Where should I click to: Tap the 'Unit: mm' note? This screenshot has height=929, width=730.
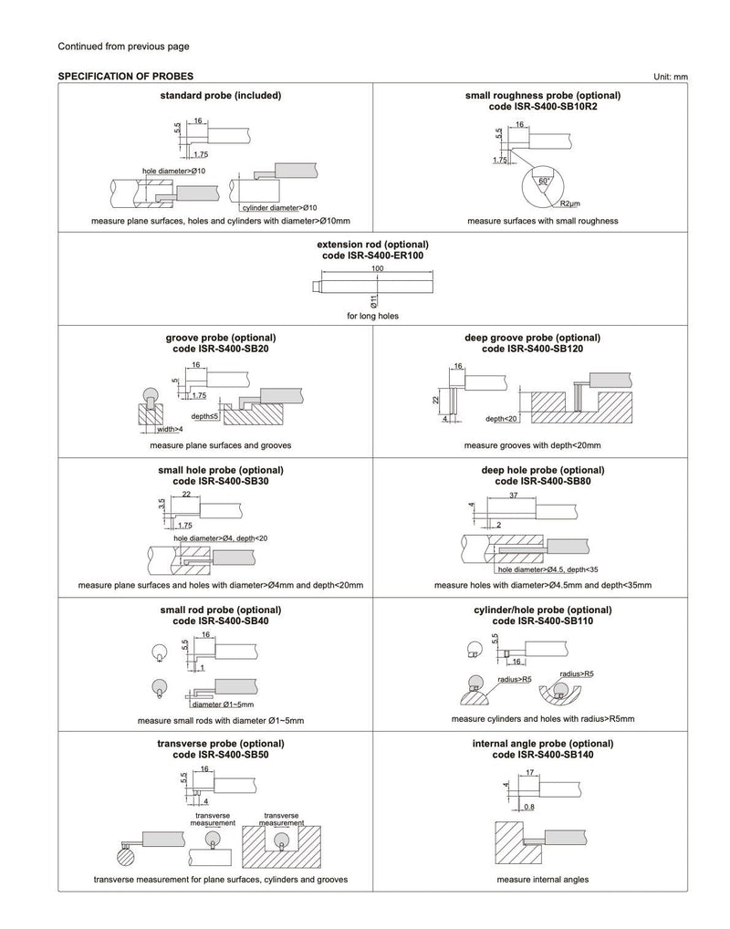click(670, 77)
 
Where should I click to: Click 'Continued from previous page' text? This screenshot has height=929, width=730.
click(123, 46)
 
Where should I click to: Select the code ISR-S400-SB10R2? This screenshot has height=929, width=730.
click(542, 107)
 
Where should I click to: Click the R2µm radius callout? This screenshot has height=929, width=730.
click(572, 202)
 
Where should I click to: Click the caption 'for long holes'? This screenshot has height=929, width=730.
click(372, 316)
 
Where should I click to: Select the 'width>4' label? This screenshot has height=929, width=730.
click(169, 429)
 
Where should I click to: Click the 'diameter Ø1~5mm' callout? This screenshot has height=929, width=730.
click(223, 705)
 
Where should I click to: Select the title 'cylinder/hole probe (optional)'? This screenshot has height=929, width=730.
click(542, 610)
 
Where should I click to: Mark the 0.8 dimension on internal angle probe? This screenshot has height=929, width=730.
click(530, 807)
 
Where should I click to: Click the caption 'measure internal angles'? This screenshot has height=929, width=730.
click(542, 880)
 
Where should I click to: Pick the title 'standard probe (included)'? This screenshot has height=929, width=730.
click(220, 95)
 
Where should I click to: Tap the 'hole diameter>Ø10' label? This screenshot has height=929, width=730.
click(174, 171)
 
